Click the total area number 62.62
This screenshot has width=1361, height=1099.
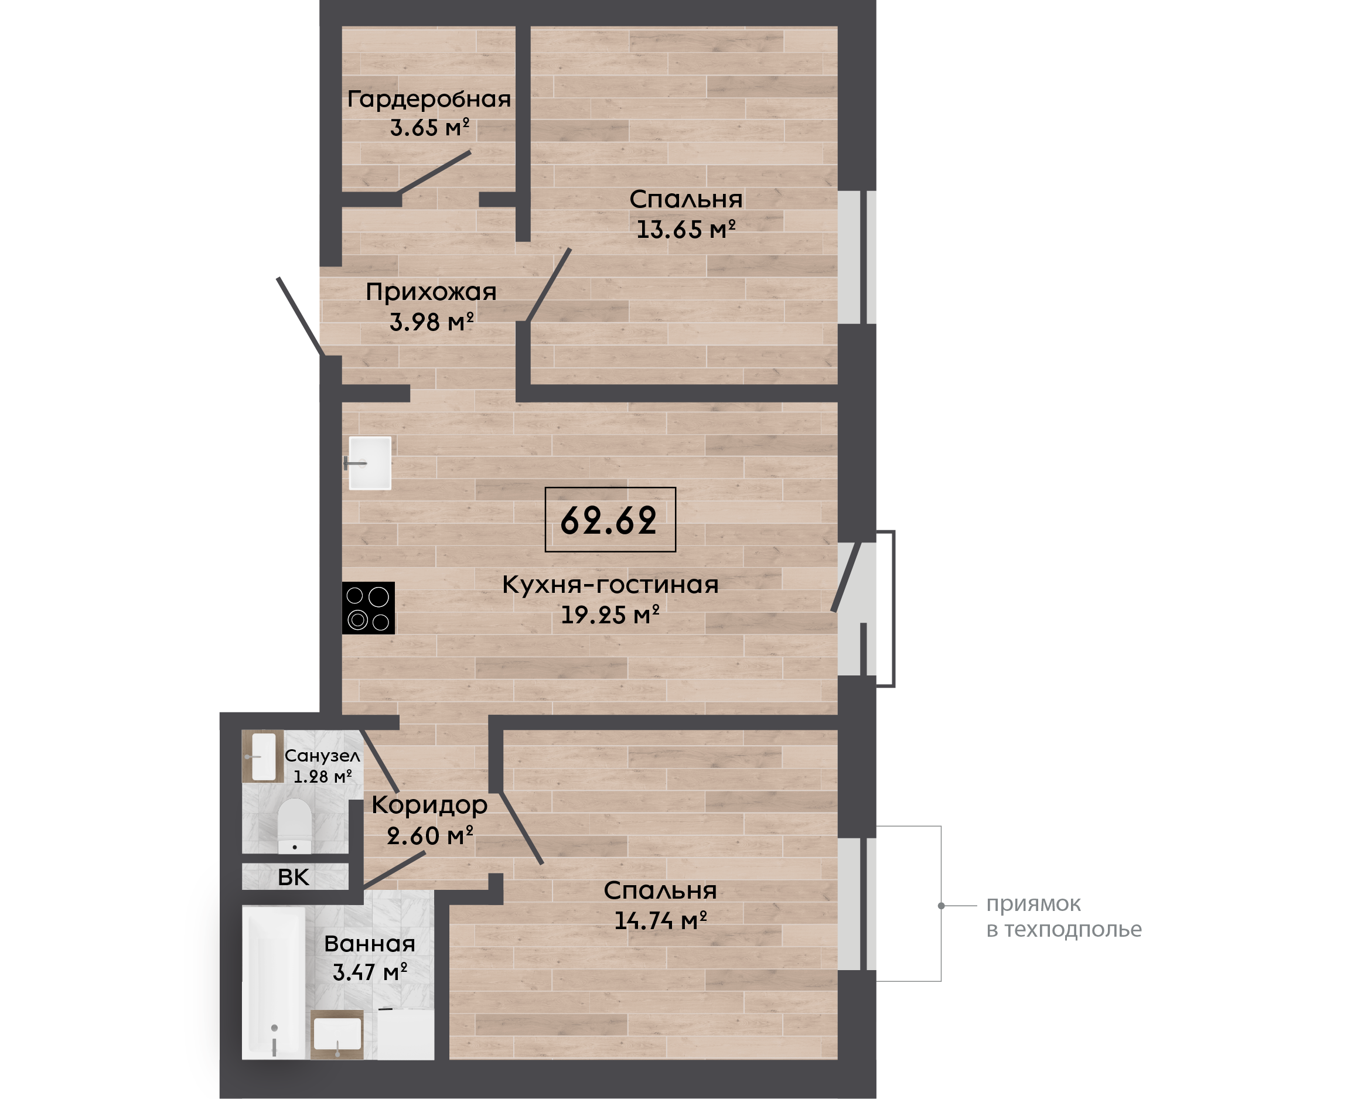(x=609, y=521)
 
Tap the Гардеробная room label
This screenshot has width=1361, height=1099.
(x=429, y=100)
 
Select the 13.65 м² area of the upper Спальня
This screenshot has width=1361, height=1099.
(x=685, y=229)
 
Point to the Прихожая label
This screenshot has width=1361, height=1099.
(x=431, y=292)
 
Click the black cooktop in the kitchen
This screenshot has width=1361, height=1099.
(x=369, y=607)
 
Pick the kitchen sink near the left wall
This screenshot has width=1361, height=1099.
(x=370, y=463)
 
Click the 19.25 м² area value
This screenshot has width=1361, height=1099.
(x=610, y=615)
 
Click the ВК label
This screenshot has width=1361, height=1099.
(x=294, y=878)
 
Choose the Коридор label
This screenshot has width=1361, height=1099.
(x=429, y=806)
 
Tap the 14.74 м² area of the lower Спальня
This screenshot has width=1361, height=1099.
(x=661, y=920)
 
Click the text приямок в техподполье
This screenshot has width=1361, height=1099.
(x=1063, y=917)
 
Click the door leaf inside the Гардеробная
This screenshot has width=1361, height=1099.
(x=434, y=172)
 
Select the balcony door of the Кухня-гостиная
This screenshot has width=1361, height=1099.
(x=847, y=576)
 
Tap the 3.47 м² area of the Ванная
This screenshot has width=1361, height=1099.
(x=370, y=972)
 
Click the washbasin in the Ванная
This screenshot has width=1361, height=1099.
(x=337, y=1035)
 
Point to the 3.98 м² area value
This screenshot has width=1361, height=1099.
(x=432, y=322)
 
